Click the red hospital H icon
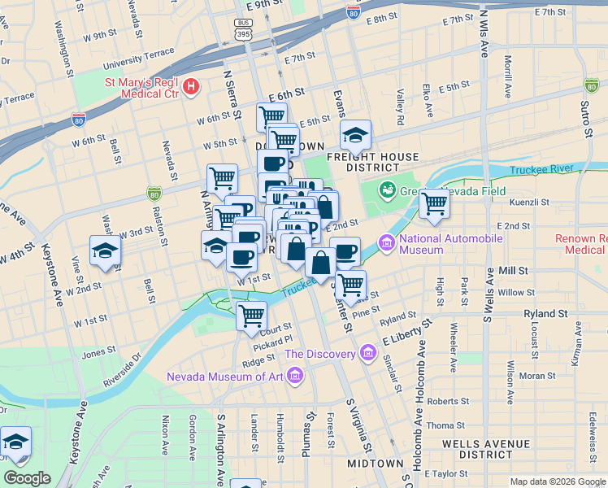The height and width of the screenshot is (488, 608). click(x=191, y=86)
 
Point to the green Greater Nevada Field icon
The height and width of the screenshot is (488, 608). click(x=388, y=190)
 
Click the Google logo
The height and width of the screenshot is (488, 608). click(x=27, y=478)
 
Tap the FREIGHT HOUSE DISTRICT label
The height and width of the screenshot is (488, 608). click(x=372, y=162)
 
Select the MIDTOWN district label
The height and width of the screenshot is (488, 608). click(x=376, y=463)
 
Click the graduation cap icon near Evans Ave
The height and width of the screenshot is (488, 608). click(x=355, y=136)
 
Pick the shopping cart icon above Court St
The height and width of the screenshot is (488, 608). click(x=252, y=316)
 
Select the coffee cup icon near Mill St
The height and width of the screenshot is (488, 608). click(x=345, y=253)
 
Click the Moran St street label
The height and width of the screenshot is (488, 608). click(x=537, y=376)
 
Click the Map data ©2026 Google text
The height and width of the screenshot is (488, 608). click(x=557, y=481)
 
